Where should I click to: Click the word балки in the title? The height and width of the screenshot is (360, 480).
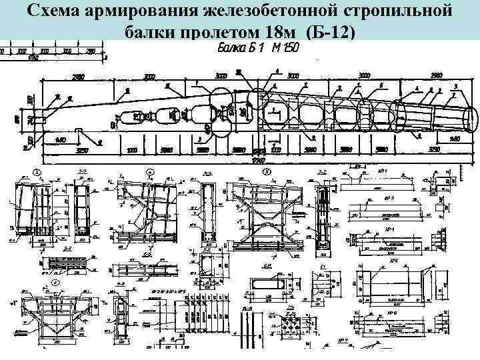147,31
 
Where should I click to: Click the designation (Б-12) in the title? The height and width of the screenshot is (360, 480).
329,31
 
